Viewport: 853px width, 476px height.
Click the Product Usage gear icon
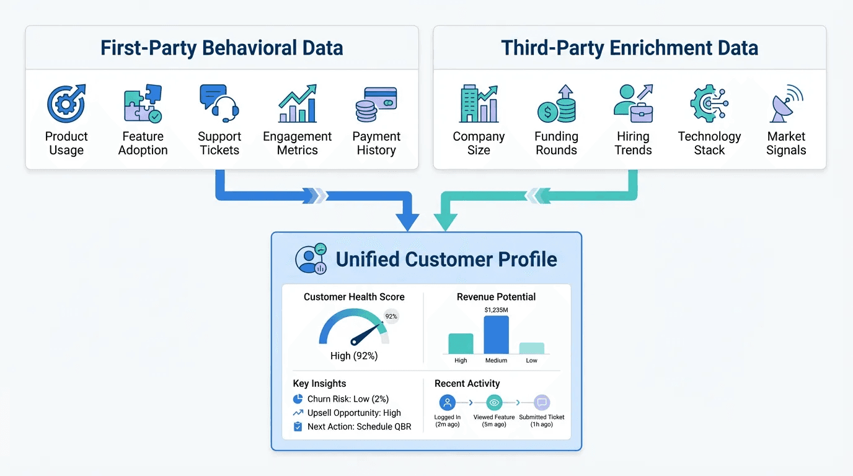pyautogui.click(x=66, y=104)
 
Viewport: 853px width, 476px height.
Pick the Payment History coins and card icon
pyautogui.click(x=376, y=104)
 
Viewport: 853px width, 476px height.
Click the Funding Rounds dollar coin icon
pyautogui.click(x=556, y=104)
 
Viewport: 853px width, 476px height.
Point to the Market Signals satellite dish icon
pyautogui.click(x=785, y=104)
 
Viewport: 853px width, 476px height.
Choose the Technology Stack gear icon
pyautogui.click(x=709, y=104)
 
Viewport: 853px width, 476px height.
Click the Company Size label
pyautogui.click(x=479, y=143)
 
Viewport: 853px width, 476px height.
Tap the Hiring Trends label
pyautogui.click(x=633, y=143)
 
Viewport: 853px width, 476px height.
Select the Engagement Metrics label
pyautogui.click(x=297, y=143)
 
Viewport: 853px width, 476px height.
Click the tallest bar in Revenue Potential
pyautogui.click(x=496, y=335)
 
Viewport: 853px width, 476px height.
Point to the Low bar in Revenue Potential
pyautogui.click(x=531, y=348)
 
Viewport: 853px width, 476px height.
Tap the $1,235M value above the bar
pyautogui.click(x=496, y=309)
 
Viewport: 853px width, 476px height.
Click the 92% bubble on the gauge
pyautogui.click(x=391, y=316)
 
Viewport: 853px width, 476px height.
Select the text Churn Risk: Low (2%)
pyautogui.click(x=348, y=399)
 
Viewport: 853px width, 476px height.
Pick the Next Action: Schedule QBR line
pyautogui.click(x=359, y=426)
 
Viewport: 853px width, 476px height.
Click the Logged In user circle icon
pyautogui.click(x=447, y=402)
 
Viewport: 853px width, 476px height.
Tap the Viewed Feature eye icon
pyautogui.click(x=494, y=402)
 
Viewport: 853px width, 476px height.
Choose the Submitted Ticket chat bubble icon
pyautogui.click(x=542, y=402)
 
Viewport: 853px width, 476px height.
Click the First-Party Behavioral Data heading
pyautogui.click(x=222, y=48)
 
